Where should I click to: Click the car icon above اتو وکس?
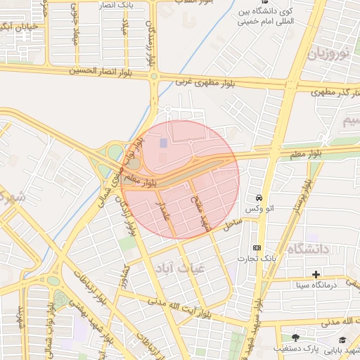coord(260,198)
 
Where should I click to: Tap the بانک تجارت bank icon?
coord(257,247)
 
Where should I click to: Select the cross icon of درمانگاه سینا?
coord(316,274)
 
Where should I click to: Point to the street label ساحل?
coord(232,224)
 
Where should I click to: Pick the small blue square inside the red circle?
coord(163,143)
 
